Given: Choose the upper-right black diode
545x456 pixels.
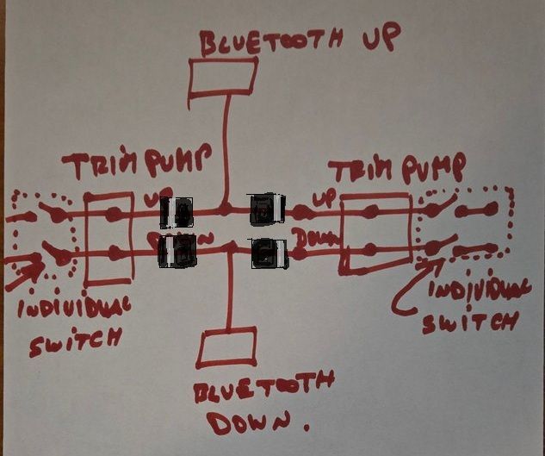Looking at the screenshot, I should pyautogui.click(x=267, y=209).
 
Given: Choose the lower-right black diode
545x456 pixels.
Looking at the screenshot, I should pyautogui.click(x=269, y=253).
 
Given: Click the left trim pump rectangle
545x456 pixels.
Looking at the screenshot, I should pyautogui.click(x=109, y=237).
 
